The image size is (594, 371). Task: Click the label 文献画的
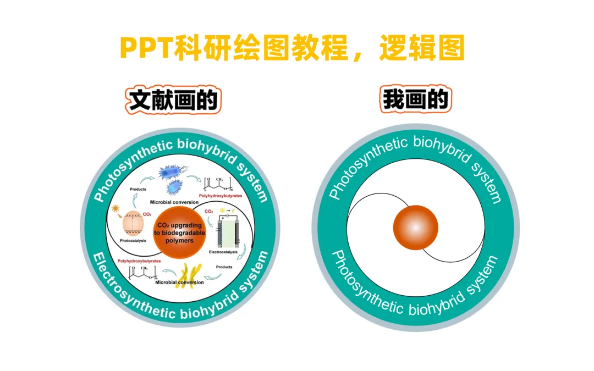(174, 101)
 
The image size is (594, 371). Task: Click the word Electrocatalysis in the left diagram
(224, 252)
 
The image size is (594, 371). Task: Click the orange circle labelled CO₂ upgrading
(180, 233)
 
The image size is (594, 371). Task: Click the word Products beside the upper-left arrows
(137, 189)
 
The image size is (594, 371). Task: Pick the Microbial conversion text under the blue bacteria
(174, 202)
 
